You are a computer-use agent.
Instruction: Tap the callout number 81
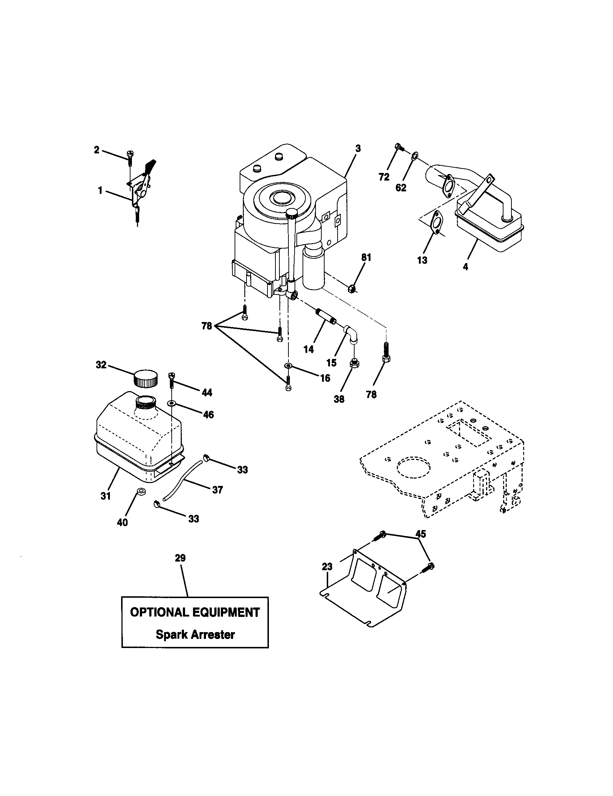(x=366, y=258)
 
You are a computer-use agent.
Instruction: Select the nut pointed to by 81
(x=352, y=289)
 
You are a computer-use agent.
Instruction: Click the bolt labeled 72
(x=399, y=147)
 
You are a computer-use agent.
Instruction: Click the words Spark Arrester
(x=195, y=635)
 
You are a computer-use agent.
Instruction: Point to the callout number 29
(x=180, y=558)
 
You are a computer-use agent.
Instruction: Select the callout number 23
(x=327, y=567)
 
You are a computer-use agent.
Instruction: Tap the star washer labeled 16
(x=288, y=365)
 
